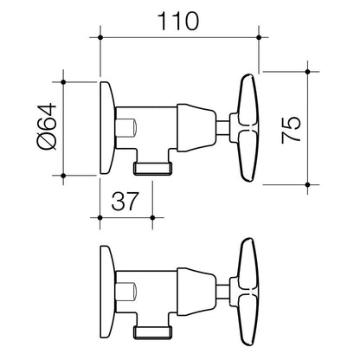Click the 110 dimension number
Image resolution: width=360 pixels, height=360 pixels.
[x=178, y=21]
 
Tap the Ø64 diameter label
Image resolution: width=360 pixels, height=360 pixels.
[x=47, y=126]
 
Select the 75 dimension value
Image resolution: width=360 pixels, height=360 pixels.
[x=291, y=130]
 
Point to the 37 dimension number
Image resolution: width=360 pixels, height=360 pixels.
[x=125, y=201]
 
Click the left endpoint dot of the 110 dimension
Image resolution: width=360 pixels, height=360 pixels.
[x=100, y=37]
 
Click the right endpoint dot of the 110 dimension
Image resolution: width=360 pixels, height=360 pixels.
[x=259, y=37]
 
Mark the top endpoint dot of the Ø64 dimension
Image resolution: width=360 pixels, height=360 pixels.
[x=63, y=82]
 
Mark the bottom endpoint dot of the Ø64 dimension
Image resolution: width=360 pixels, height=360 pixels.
[x=63, y=175]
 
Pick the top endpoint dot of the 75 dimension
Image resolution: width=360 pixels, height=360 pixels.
[x=307, y=72]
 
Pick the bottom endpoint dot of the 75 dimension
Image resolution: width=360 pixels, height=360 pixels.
[x=307, y=184]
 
